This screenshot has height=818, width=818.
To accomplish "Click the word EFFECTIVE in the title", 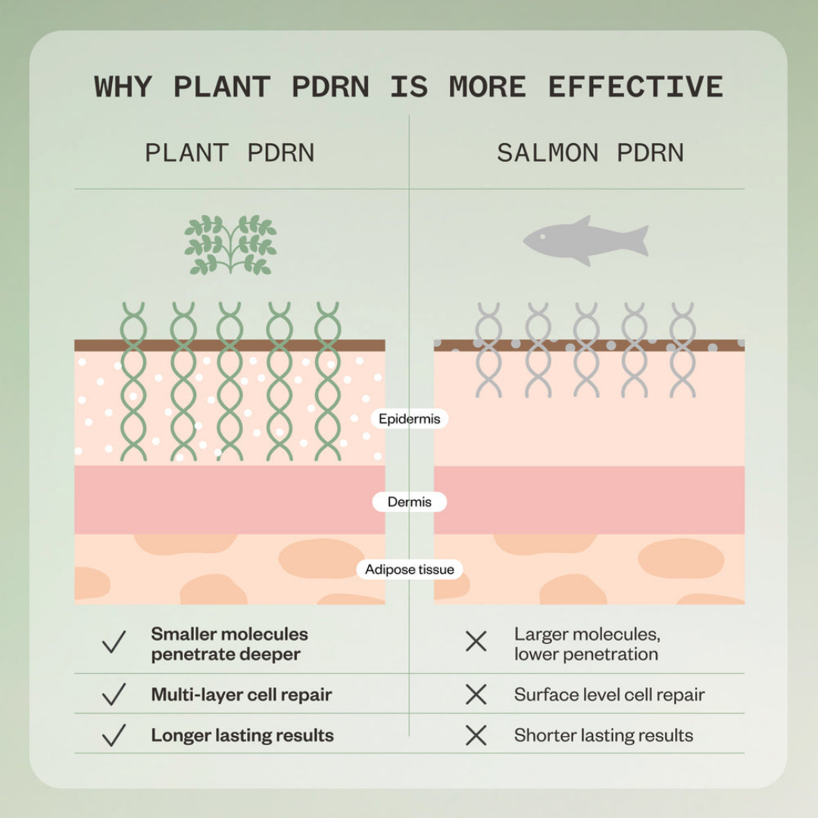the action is [635, 86].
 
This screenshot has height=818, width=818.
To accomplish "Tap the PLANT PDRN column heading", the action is [229, 153].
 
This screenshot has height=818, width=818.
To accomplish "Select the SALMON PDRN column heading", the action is [590, 153].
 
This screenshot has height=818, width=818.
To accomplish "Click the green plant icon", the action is [230, 244].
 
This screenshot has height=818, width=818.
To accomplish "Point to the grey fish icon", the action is [585, 241].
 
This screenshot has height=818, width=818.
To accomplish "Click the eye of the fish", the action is [542, 237].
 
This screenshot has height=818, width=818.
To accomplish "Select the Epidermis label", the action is [410, 419].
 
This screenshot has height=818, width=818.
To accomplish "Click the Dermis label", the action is [410, 502].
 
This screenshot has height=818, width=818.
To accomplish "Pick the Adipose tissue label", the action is [410, 569].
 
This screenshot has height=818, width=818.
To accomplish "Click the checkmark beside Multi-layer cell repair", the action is [114, 695].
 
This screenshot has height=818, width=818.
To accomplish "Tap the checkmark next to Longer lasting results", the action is [114, 735].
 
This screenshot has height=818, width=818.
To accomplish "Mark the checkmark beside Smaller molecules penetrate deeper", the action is [114, 642].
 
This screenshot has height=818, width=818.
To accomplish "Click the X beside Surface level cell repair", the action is [476, 695].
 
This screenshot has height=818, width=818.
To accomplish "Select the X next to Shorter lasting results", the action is [476, 735].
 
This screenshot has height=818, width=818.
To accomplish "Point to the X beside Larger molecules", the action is [476, 642].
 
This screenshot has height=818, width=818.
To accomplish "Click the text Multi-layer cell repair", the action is [242, 695].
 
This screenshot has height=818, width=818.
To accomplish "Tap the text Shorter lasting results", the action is [604, 735].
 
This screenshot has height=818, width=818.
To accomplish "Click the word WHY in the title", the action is [123, 86].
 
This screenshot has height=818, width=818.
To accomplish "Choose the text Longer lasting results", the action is [242, 735].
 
